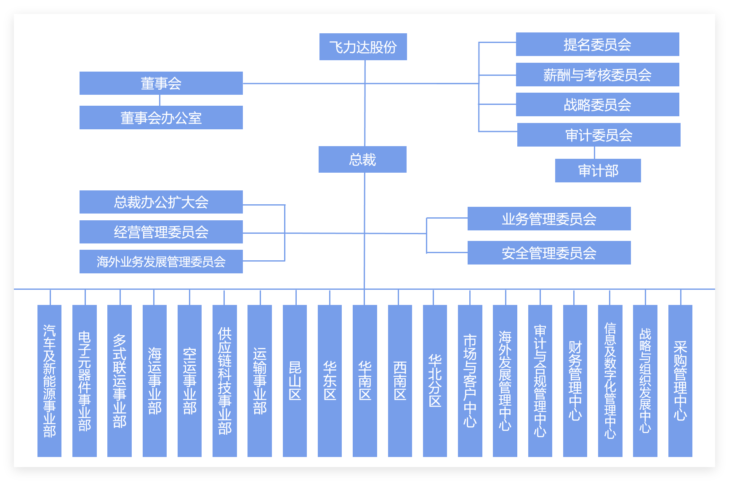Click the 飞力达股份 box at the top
coord(363,47)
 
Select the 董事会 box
coord(161,83)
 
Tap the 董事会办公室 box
coord(161,118)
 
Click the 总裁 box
coord(362,159)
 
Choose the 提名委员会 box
coord(598,44)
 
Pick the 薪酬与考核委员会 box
coord(598,75)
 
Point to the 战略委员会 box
coord(598,104)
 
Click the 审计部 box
coord(598,171)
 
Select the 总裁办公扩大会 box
coord(161,202)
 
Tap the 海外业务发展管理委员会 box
coord(161,262)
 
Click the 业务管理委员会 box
coord(549,219)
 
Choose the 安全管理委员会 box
coord(549,253)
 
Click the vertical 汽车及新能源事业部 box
coord(49,381)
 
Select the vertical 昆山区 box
coord(295,381)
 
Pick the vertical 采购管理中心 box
coord(680,381)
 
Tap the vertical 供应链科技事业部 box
coord(225,381)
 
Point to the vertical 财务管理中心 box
coord(575,381)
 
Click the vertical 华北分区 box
coord(435,381)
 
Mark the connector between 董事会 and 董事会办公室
coord(160,100)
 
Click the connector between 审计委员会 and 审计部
coord(594,152)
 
